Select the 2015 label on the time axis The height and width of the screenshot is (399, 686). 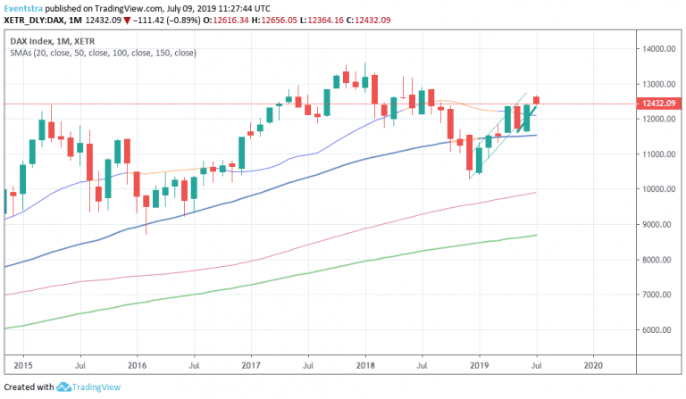(23, 365)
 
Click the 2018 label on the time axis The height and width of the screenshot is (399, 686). (364, 365)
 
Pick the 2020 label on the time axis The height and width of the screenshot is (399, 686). (592, 365)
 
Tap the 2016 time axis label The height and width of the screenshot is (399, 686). (137, 365)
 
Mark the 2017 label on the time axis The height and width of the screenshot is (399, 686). (251, 365)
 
